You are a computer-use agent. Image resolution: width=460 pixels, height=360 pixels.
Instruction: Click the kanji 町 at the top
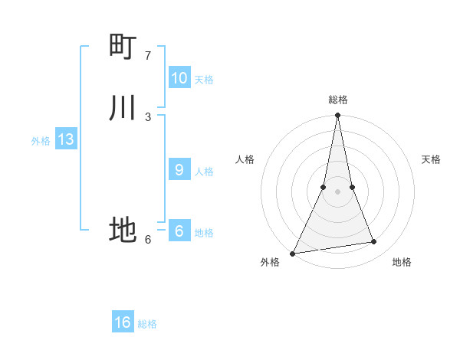click(123, 47)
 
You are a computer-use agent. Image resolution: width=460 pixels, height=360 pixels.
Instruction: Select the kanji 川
click(123, 108)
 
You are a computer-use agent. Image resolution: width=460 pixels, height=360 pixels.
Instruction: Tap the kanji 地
click(123, 229)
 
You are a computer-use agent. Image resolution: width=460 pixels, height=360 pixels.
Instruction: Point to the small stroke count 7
click(148, 56)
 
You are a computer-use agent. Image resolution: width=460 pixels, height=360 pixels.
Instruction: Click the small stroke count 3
click(148, 116)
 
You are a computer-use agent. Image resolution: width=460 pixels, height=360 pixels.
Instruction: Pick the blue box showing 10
click(179, 78)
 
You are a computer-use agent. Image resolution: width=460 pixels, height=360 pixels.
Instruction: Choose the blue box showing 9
click(179, 170)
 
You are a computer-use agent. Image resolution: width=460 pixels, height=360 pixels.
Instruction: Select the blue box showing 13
click(66, 139)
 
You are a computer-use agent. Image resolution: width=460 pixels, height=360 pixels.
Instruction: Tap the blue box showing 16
click(123, 322)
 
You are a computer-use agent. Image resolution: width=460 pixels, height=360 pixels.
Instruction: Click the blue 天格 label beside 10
click(204, 80)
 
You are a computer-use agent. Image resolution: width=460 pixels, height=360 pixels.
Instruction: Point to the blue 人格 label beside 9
click(204, 172)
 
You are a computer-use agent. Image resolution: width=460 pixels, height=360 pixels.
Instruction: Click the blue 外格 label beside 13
click(41, 141)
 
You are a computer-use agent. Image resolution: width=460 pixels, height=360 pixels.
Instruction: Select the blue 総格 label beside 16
click(148, 324)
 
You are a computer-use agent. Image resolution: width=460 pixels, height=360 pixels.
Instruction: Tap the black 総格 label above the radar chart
click(338, 100)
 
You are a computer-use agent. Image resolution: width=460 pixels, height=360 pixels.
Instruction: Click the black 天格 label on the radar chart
click(432, 159)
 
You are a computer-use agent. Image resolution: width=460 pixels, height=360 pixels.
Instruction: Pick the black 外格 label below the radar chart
click(270, 262)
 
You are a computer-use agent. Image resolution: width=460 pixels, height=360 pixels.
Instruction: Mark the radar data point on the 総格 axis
click(337, 116)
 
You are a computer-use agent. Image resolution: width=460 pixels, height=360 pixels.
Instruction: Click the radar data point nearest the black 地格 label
click(374, 242)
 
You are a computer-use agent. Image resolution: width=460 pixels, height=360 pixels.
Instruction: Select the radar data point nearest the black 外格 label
click(293, 253)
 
